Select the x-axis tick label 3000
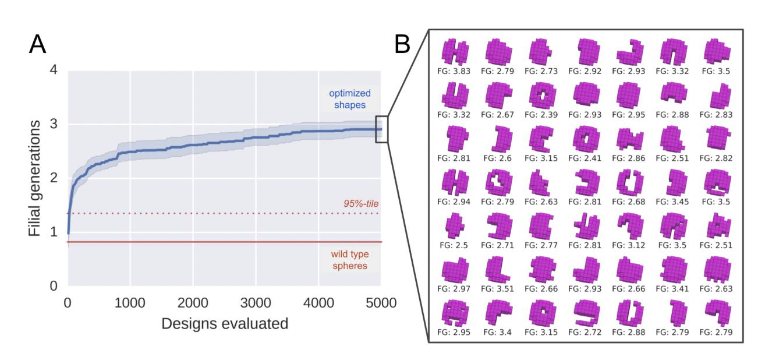pos(256,303)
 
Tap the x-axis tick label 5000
pos(381,303)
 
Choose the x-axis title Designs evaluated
pos(224,323)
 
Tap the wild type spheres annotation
pos(350,261)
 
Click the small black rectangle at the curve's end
pos(382,129)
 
